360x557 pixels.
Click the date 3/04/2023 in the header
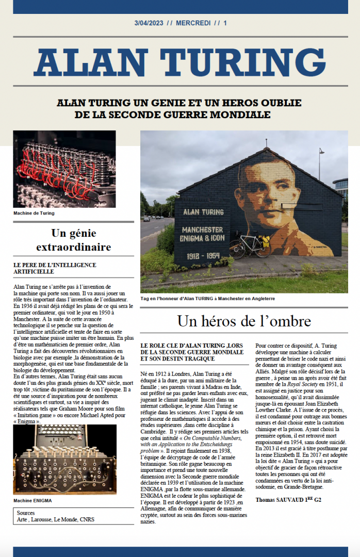tap(149, 23)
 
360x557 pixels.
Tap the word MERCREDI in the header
tap(193, 23)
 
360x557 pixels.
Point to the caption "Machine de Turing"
tap(34, 212)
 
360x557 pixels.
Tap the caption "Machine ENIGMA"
tap(32, 500)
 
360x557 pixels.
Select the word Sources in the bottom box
tap(26, 514)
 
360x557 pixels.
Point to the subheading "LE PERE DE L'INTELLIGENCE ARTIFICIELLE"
tap(55, 268)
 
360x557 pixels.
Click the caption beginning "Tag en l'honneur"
tap(207, 298)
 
